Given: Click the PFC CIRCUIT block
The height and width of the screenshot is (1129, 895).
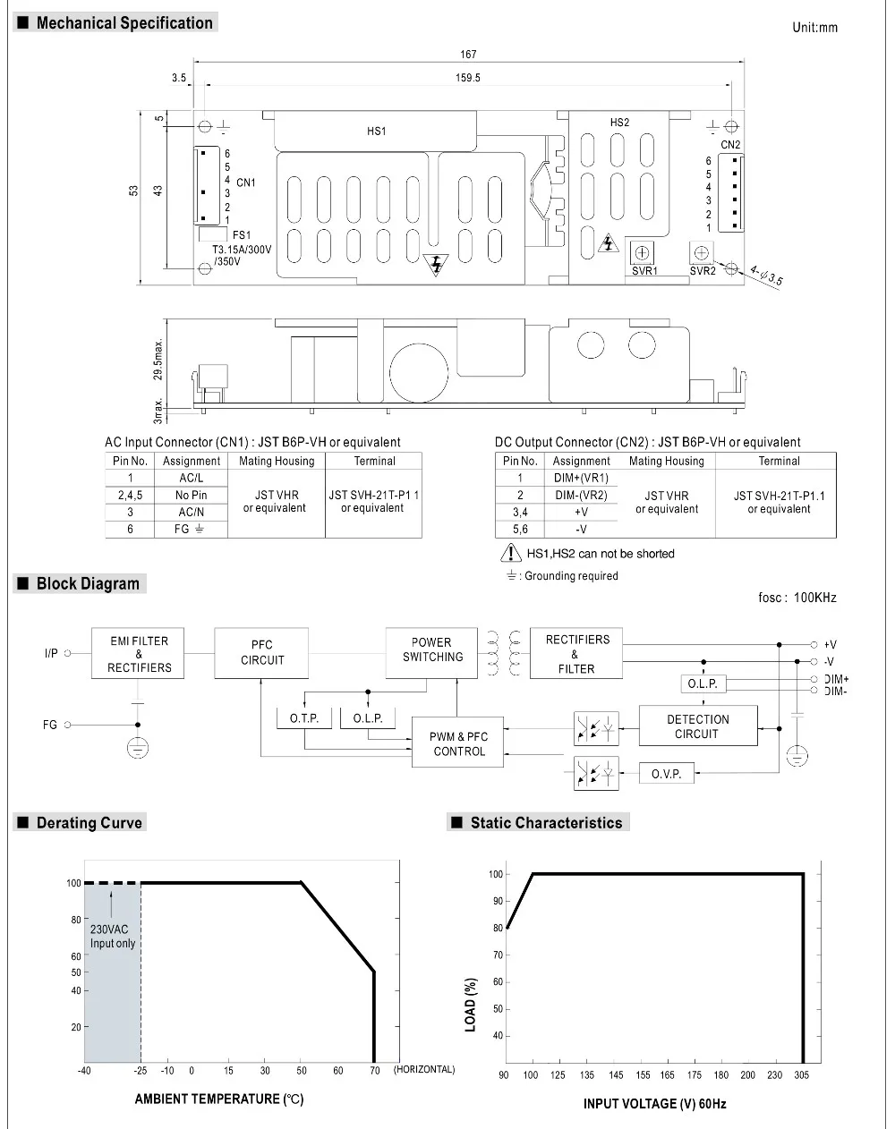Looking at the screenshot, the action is tap(261, 653).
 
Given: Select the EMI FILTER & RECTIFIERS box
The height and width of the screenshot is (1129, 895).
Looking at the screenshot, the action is tap(138, 653).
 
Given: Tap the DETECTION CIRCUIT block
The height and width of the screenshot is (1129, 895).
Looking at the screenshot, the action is tap(698, 726).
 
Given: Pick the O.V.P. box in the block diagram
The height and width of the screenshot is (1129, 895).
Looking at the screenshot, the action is tap(667, 773).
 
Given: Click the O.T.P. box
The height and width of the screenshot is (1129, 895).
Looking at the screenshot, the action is tap(304, 718).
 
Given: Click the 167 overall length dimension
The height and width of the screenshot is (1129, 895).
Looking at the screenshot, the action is tap(468, 54).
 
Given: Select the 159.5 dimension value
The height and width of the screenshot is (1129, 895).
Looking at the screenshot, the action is tap(468, 78).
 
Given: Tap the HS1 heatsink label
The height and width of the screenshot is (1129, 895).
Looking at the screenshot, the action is tap(377, 132).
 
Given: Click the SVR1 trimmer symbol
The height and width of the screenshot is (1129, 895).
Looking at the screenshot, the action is tap(642, 253).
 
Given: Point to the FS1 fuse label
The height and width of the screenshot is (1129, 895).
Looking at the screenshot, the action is tap(242, 235).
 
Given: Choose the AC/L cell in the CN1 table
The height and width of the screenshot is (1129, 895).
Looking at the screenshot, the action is tap(191, 478).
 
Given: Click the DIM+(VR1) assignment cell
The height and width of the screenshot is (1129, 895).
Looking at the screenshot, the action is tap(581, 478).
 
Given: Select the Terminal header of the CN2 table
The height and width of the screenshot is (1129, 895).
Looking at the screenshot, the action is tap(779, 461).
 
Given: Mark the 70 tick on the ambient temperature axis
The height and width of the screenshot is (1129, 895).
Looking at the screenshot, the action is tap(375, 1070).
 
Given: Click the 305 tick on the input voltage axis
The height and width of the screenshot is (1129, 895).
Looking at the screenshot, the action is tap(802, 1075).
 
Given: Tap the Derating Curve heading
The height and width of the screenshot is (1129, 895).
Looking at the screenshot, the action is tap(89, 823).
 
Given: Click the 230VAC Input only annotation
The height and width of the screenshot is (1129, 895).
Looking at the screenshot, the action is tap(113, 936).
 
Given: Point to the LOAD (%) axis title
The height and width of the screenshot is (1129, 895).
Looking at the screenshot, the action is tap(471, 1005).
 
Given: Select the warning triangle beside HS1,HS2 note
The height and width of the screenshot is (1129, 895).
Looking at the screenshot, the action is tap(511, 553).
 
